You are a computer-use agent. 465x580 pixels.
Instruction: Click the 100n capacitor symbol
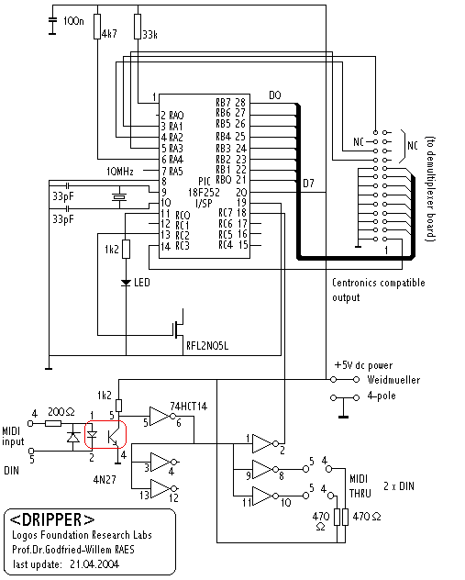tap(52, 20)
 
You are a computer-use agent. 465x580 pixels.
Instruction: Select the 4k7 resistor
tap(97, 27)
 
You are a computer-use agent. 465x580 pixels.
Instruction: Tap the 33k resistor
tap(138, 27)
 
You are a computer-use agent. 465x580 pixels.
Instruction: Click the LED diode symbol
tap(126, 283)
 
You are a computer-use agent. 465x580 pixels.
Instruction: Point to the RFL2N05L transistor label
tap(207, 346)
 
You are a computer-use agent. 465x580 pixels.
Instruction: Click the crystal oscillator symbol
tap(119, 197)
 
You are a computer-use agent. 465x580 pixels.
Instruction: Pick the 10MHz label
tap(120, 172)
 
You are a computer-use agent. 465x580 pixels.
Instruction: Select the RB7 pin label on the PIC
tap(223, 102)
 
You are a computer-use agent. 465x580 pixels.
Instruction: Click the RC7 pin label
tap(226, 213)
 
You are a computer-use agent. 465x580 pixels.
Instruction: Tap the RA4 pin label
tap(176, 160)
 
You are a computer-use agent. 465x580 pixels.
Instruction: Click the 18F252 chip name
tap(204, 193)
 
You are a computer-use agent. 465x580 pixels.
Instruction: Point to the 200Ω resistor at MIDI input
tap(53, 423)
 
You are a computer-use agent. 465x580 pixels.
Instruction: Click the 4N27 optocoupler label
tap(105, 480)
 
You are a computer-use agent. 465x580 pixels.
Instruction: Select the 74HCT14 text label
tap(189, 407)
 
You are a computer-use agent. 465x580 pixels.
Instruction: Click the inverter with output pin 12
tap(162, 488)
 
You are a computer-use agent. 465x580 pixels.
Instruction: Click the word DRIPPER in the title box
tap(51, 519)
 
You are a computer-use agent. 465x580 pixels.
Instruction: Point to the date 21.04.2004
tap(94, 564)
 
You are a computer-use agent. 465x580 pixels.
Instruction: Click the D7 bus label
tap(308, 184)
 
